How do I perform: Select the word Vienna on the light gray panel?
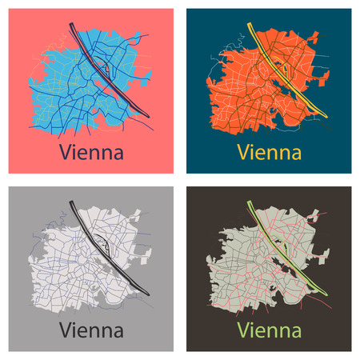(x=91, y=329)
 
